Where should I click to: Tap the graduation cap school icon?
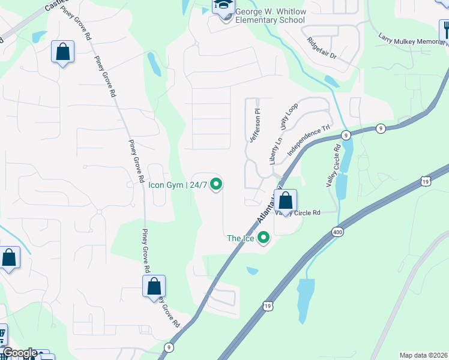click(223, 6)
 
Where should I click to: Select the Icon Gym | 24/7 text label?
click(178, 185)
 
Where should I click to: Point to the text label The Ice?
click(241, 238)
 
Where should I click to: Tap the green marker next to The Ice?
click(263, 239)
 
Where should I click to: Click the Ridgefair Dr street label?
click(322, 48)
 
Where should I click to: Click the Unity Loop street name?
click(288, 116)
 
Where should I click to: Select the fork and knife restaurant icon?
click(444, 29)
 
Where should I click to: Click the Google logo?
click(20, 353)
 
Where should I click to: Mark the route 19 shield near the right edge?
click(425, 181)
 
